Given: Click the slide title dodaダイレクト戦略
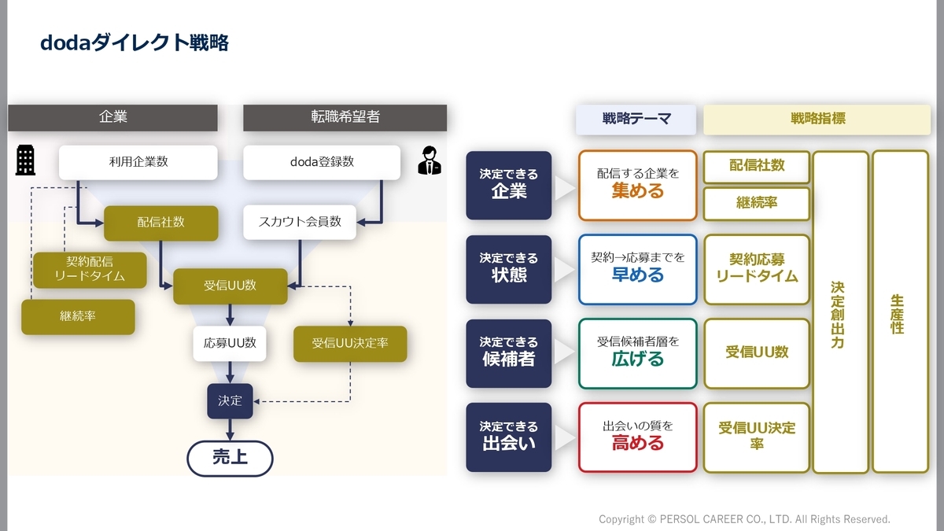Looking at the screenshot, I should (x=134, y=42).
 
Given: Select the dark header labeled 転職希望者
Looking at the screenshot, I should (x=345, y=117).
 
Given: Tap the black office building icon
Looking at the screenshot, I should (x=26, y=160).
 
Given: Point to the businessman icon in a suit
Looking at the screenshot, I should (x=430, y=160).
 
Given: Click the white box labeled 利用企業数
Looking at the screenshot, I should (x=138, y=162).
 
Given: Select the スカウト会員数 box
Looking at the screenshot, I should (x=300, y=222).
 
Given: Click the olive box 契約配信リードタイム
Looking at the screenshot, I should (x=90, y=270).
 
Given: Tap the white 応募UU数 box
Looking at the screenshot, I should (x=230, y=343).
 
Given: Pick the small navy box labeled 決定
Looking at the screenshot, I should (x=230, y=400).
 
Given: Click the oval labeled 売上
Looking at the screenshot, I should (x=230, y=458).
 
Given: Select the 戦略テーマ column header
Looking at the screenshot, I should (x=636, y=119).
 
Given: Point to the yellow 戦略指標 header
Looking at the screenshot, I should (x=817, y=119).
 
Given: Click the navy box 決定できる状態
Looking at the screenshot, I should (x=509, y=268).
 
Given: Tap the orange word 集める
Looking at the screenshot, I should (x=637, y=191).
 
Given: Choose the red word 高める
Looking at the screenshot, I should (x=637, y=444).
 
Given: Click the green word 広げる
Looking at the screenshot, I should (x=637, y=360).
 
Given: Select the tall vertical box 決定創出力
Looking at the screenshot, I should (x=839, y=312).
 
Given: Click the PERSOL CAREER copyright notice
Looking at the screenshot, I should (x=744, y=519).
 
